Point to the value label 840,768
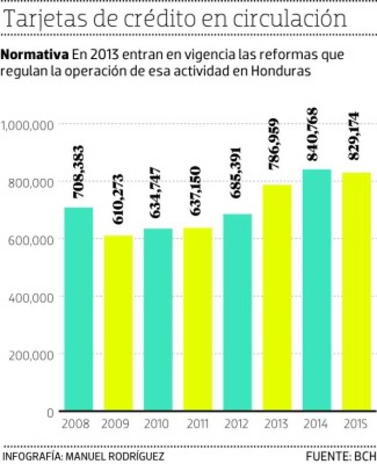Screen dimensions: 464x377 pyautogui.click(x=313, y=134)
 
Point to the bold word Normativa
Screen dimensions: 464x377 pyautogui.click(x=36, y=54)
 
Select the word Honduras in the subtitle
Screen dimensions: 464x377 pyautogui.click(x=282, y=71)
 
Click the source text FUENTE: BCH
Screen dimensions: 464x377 pyautogui.click(x=341, y=456)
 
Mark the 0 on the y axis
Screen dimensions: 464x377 pyautogui.click(x=50, y=412)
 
